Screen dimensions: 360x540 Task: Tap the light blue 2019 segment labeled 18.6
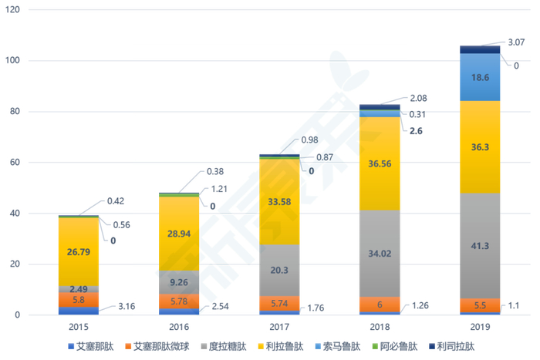click(x=481, y=77)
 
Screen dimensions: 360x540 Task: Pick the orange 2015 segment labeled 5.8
click(x=78, y=299)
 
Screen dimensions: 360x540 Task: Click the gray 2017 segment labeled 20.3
click(x=279, y=270)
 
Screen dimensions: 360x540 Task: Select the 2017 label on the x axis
click(x=279, y=328)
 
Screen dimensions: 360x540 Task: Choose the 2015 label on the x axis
click(x=78, y=328)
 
